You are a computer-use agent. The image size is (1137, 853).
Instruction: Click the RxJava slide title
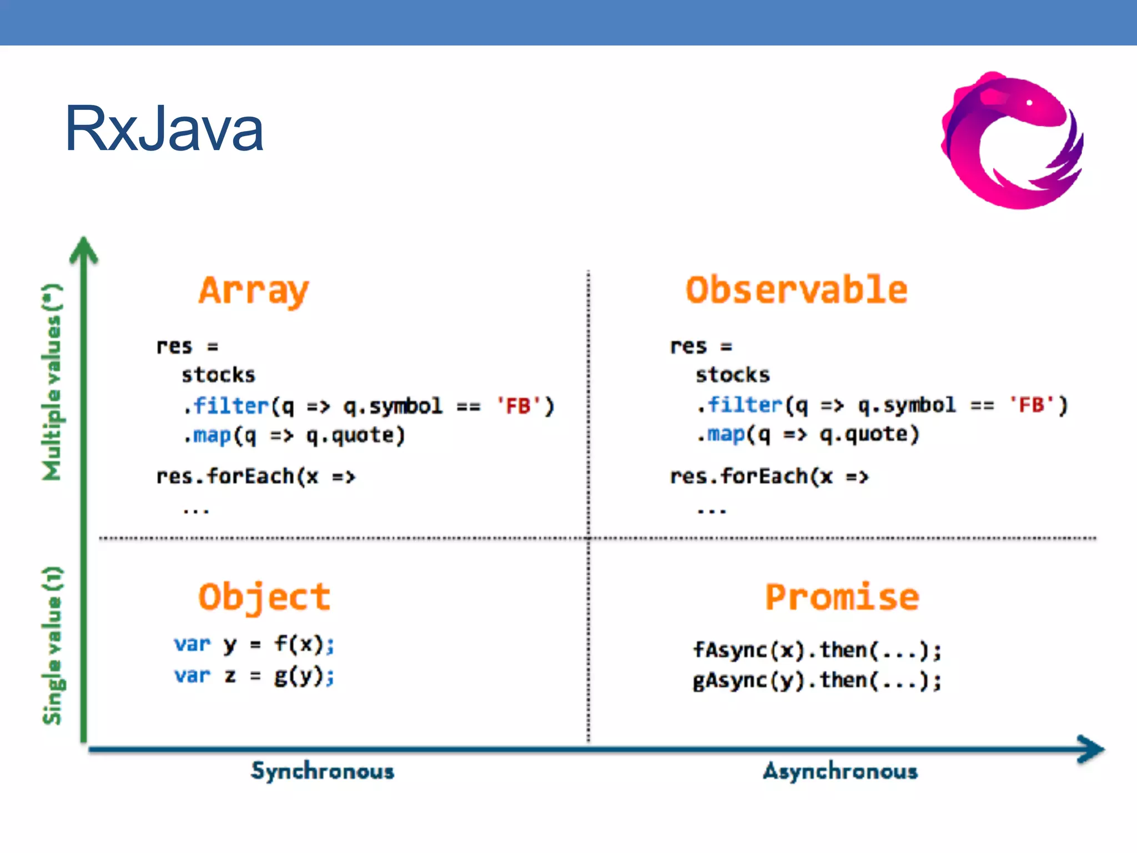pos(164,129)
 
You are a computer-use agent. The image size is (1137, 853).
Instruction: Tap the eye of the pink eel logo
pos(1029,103)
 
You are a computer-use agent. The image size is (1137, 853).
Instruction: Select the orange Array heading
pos(254,290)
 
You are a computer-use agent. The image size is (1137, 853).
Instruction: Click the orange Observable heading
pos(797,289)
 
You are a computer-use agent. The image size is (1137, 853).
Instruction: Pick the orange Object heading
pos(264,597)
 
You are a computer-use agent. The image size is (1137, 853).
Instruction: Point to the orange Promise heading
pos(842,597)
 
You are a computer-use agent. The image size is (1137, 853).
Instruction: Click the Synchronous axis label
pos(322,771)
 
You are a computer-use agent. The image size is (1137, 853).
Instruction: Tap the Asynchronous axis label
pos(840,771)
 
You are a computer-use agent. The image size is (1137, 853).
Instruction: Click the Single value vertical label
pos(52,645)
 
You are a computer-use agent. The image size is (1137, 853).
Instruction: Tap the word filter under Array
pos(231,406)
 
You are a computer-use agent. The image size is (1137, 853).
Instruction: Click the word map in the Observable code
pos(726,434)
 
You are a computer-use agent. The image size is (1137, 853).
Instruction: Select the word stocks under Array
pos(218,375)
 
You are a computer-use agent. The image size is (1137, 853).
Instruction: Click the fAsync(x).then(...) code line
pos(817,650)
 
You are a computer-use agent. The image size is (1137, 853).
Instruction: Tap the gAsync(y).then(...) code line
pos(817,680)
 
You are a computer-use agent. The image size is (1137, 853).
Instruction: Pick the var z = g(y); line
pos(254,676)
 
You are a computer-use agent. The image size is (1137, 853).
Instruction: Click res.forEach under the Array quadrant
pos(225,476)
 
